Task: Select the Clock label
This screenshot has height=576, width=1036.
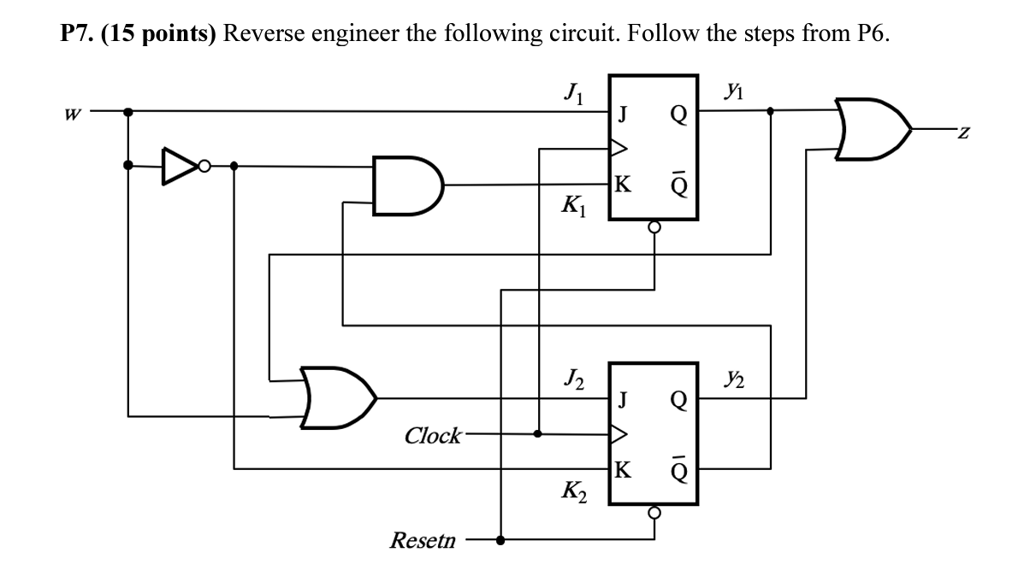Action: tap(432, 435)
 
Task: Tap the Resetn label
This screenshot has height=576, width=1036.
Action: tap(423, 540)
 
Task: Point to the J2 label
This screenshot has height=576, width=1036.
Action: tap(572, 376)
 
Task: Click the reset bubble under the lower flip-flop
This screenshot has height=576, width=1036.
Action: tap(654, 513)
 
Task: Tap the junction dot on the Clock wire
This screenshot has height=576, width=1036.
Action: tap(538, 433)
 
